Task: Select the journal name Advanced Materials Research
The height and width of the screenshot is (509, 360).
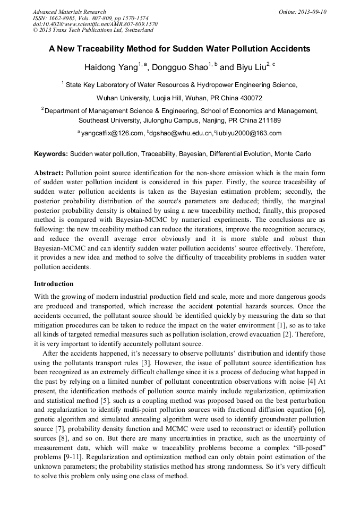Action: pyautogui.click(x=69, y=12)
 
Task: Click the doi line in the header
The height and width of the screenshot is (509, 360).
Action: pyautogui.click(x=95, y=24)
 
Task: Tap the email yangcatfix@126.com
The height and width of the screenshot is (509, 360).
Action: pyautogui.click(x=112, y=133)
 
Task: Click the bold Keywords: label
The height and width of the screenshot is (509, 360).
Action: pyautogui.click(x=51, y=154)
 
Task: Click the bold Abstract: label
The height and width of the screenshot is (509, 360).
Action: pyautogui.click(x=49, y=174)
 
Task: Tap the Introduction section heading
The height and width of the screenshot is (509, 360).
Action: pyautogui.click(x=54, y=284)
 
